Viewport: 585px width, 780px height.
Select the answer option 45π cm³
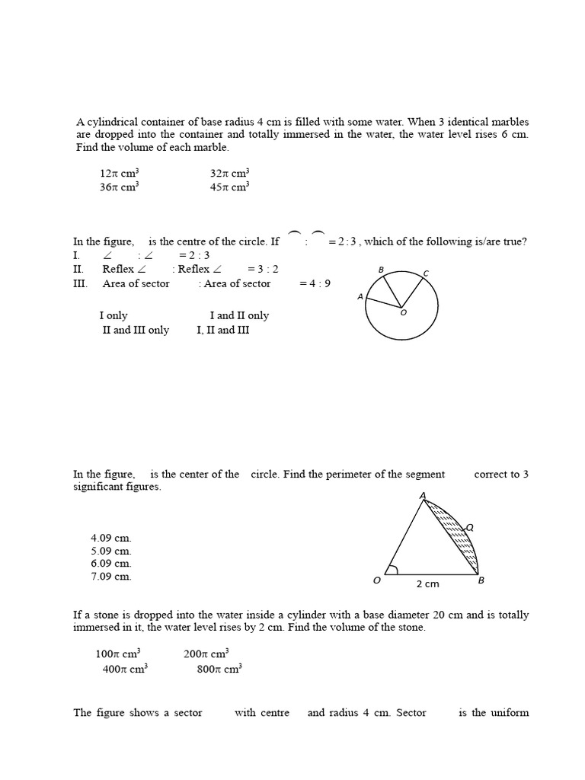[229, 187]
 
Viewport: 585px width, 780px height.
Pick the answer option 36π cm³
[118, 187]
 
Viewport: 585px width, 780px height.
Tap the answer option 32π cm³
[229, 173]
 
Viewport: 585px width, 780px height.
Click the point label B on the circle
[381, 270]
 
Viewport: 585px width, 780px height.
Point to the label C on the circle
[426, 273]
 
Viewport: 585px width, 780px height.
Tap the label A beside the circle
[360, 297]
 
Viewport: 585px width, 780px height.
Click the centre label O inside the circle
[404, 312]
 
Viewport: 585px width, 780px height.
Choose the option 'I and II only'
[239, 315]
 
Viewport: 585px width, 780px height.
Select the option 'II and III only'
[136, 330]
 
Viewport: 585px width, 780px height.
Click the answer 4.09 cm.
[111, 538]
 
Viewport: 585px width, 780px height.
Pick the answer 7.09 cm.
[111, 577]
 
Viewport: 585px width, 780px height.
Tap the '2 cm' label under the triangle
[427, 584]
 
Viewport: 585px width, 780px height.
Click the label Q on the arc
[470, 527]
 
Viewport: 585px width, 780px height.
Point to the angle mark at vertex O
[392, 569]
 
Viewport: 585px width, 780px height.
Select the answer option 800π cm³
[219, 669]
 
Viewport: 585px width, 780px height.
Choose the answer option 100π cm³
[118, 654]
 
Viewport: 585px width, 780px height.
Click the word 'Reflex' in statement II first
[118, 269]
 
